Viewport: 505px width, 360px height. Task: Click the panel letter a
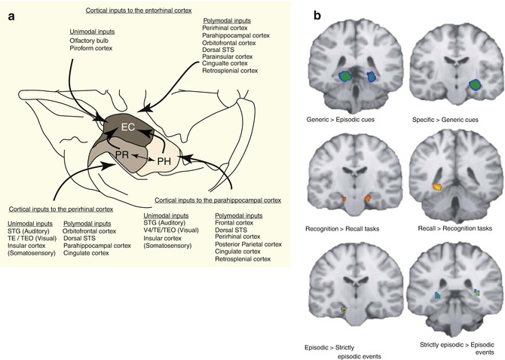(x=13, y=14)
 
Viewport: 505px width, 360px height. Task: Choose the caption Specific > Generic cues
(x=448, y=119)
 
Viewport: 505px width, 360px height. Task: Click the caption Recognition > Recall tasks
(x=346, y=227)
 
